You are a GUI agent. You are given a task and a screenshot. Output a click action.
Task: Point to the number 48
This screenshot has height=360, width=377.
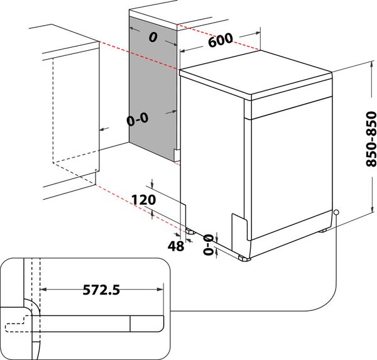176,246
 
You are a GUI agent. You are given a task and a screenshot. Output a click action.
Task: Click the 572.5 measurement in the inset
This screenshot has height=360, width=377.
101,290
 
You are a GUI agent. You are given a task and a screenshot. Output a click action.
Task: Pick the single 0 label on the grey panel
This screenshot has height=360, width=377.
152,37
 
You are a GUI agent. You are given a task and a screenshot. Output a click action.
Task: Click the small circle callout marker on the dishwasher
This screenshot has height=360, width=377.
337,212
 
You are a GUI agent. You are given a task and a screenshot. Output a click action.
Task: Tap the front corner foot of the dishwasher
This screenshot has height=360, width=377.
244,258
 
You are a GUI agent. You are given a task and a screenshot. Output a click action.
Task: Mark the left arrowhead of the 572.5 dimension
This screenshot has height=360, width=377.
43,290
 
